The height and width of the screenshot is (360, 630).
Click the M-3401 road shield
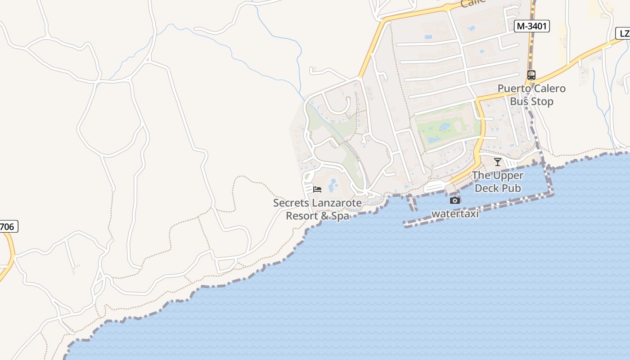click(x=532, y=26)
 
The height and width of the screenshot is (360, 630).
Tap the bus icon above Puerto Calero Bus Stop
click(x=531, y=75)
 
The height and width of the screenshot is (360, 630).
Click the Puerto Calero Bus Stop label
click(x=531, y=95)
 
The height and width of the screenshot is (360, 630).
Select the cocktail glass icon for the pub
click(x=497, y=162)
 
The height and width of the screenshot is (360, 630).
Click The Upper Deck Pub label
click(x=498, y=182)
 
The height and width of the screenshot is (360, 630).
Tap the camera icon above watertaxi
click(x=455, y=200)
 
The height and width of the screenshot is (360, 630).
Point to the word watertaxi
click(x=455, y=214)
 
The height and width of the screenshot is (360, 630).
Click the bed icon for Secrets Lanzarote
click(x=317, y=189)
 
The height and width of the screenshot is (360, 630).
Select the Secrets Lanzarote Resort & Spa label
click(x=317, y=209)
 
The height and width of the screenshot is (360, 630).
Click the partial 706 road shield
click(x=8, y=226)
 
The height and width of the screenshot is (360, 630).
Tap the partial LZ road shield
click(x=624, y=33)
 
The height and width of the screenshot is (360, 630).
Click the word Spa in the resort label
click(x=341, y=216)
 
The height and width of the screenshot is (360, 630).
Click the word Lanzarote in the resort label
click(x=337, y=203)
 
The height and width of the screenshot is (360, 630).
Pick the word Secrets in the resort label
click(x=291, y=203)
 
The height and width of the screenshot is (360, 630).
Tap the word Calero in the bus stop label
click(x=549, y=89)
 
